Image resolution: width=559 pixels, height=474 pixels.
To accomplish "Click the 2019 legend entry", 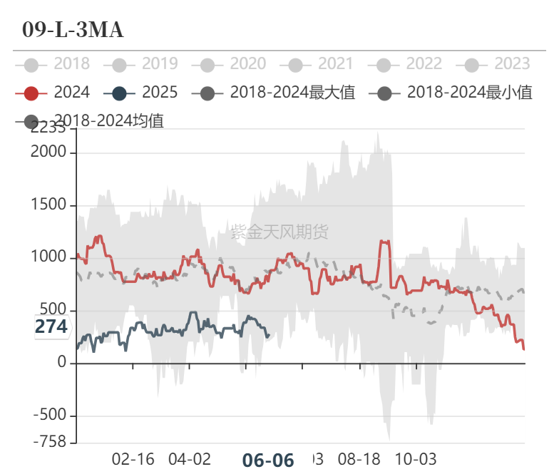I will [143, 64].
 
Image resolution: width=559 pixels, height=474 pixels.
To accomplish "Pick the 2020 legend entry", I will [232, 64].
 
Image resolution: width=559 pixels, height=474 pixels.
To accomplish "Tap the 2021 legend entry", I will [319, 64].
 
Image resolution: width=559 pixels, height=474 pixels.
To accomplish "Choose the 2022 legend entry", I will [408, 64].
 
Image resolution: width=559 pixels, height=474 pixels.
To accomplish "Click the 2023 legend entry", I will [496, 64].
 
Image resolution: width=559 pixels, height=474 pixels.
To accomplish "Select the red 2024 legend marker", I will [31, 93].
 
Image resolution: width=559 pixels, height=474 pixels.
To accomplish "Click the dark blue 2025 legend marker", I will [119, 93].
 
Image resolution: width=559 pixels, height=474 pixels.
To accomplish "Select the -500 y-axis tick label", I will [50, 416].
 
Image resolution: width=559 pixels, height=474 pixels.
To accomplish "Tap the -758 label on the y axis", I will [50, 443].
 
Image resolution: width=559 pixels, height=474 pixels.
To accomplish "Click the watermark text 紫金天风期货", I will [279, 231].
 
